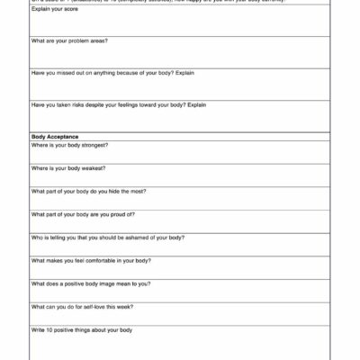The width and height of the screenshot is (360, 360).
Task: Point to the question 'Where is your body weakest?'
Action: (68, 168)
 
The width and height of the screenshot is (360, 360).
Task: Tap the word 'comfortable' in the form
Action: (99, 261)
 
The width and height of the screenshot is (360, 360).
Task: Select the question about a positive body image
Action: (90, 283)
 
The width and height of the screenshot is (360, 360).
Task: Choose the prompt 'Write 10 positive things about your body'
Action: (82, 330)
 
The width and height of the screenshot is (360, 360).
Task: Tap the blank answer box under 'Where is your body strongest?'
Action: (180, 157)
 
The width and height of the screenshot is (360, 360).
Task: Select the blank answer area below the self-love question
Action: (180, 318)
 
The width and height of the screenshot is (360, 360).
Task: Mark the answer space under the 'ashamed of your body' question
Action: (180, 248)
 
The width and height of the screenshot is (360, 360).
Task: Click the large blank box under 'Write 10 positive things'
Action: (180, 346)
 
